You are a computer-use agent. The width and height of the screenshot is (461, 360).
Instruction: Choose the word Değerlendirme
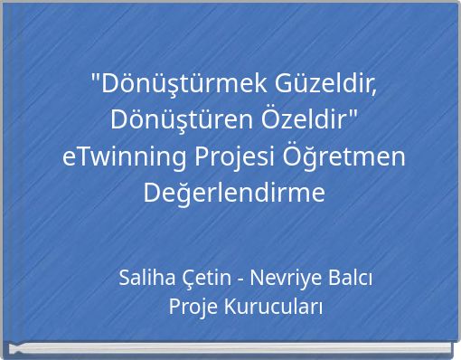(233, 192)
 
